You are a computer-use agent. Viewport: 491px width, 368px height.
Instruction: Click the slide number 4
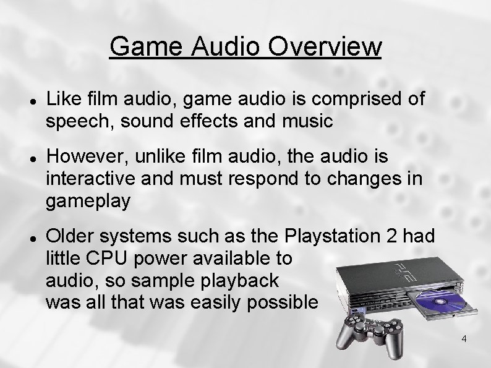pyautogui.click(x=464, y=338)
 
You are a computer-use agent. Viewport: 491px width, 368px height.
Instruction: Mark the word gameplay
pyautogui.click(x=89, y=200)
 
